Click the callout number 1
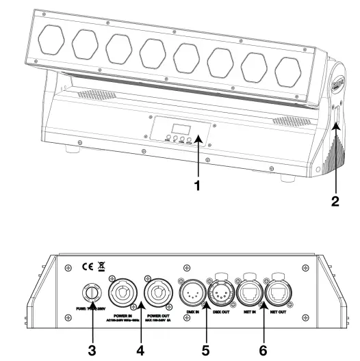(x=198, y=185)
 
